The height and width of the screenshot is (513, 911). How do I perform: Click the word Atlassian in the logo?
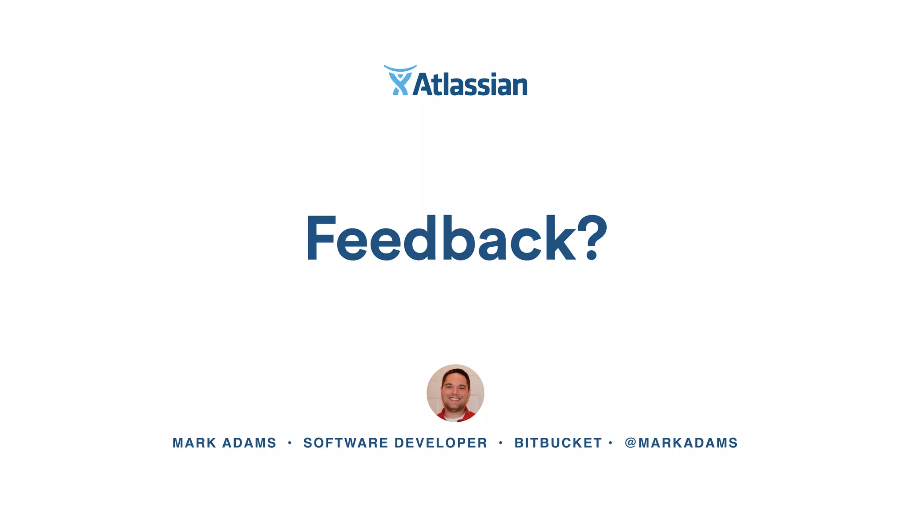point(470,84)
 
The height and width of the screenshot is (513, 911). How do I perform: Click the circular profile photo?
point(455,393)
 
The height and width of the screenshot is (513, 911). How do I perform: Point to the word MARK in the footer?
point(194,443)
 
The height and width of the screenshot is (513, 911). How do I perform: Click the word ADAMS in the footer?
point(249,443)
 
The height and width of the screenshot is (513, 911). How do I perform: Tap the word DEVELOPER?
point(441,443)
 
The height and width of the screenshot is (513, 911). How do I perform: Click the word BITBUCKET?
point(558,443)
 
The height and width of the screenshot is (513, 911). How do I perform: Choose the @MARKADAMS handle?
point(681,443)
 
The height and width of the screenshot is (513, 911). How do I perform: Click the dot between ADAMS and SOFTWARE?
point(290,443)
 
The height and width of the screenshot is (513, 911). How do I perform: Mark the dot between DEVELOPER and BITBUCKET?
point(501,443)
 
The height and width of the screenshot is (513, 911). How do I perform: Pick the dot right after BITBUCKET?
point(611,443)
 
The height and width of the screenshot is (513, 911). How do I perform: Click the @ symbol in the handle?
point(630,443)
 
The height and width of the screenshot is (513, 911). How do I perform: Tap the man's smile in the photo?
point(455,399)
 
